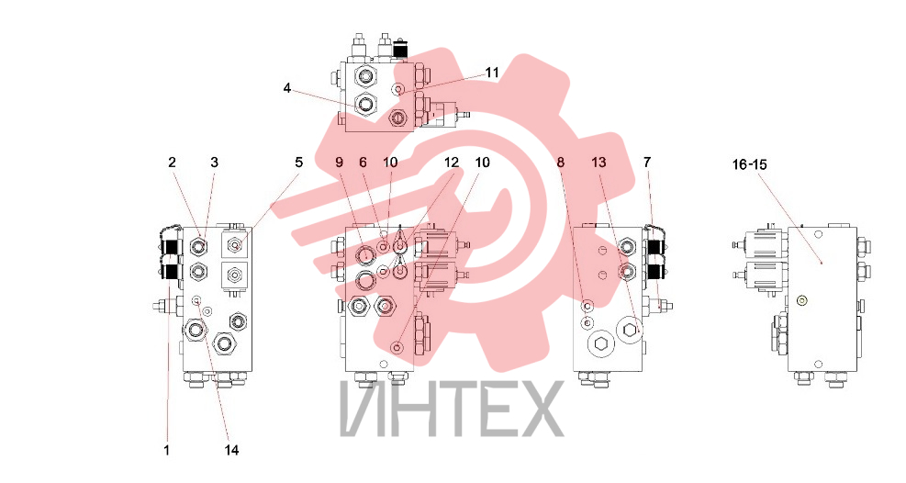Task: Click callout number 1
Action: pos(167,450)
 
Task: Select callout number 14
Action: pos(231,450)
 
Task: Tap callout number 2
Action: pos(172,163)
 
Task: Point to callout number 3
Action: pos(215,163)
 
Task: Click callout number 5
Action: pos(298,163)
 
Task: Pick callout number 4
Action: pos(287,88)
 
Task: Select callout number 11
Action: pos(492,73)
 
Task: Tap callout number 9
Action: pos(339,163)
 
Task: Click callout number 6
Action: pos(363,163)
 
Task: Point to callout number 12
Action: pos(452,163)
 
